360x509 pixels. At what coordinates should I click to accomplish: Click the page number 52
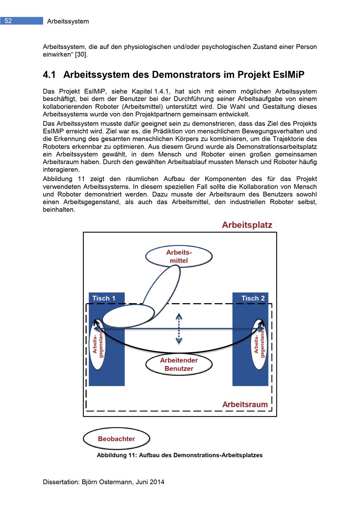pyautogui.click(x=8, y=21)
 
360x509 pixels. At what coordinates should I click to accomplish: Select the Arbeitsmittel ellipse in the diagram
pyautogui.click(x=179, y=257)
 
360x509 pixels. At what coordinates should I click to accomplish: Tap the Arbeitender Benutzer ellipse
pyautogui.click(x=179, y=364)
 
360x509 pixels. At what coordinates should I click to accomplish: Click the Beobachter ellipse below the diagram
pyautogui.click(x=116, y=439)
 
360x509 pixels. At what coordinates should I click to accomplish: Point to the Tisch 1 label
pyautogui.click(x=104, y=298)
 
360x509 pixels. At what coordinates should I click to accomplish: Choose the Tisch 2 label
pyautogui.click(x=253, y=298)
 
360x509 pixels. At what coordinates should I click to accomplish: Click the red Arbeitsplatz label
pyautogui.click(x=247, y=225)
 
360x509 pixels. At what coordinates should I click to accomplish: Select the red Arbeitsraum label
pyautogui.click(x=245, y=404)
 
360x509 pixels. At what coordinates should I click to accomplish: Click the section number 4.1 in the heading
pyautogui.click(x=49, y=75)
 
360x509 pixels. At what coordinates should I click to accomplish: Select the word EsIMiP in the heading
pyautogui.click(x=287, y=75)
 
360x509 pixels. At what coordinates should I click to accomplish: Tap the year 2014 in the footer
pyautogui.click(x=157, y=482)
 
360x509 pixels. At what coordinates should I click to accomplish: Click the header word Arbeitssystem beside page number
pyautogui.click(x=68, y=21)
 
